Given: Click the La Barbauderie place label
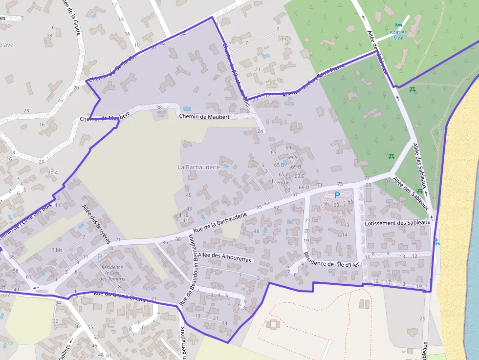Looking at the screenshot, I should point(198,167).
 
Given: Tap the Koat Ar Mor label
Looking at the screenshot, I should point(398,35).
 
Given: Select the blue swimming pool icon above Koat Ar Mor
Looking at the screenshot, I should point(398,25).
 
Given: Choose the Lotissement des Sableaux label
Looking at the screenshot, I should point(397,223).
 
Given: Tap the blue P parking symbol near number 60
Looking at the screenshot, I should point(337,195).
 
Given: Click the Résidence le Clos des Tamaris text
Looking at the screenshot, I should point(112,273).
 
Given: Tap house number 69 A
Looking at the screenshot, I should point(293,157).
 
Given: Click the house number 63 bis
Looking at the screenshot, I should point(284,183).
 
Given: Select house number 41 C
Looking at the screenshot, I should point(183,215).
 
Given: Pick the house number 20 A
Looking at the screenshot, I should point(53,172).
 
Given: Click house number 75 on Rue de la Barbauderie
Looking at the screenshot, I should point(340,184).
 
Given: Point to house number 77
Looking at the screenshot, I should point(367,178).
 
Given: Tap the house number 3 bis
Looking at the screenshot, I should point(57,250).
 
